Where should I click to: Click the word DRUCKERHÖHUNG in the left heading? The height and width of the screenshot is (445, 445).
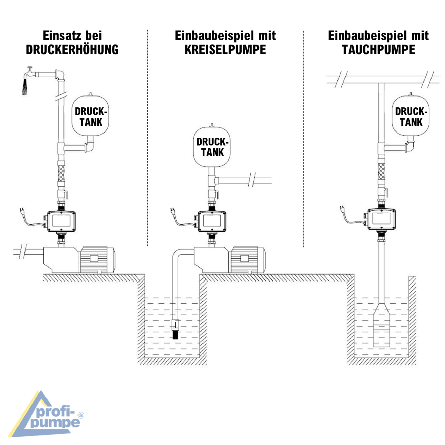point(72,50)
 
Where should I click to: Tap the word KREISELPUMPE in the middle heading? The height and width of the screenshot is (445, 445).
point(225,50)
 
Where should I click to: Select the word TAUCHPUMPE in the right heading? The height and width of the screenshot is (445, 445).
point(378,50)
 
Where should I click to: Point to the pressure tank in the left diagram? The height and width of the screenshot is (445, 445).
point(90,116)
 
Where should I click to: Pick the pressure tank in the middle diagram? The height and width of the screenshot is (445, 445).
point(212,147)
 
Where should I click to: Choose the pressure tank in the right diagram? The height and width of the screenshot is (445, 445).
point(411,116)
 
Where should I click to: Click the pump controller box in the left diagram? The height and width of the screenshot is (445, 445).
point(61,221)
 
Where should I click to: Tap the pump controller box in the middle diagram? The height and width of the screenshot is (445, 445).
point(212,221)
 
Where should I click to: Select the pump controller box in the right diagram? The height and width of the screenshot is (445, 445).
point(382,219)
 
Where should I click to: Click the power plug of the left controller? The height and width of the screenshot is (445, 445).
point(22,211)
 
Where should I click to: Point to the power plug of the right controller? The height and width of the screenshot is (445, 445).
point(342,209)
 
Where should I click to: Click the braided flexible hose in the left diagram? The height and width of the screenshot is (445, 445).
point(61,174)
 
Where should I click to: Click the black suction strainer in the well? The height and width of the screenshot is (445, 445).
point(176,335)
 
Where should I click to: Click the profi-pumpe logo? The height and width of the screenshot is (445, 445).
point(47,415)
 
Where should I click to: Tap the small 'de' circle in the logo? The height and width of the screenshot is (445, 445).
point(81,415)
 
